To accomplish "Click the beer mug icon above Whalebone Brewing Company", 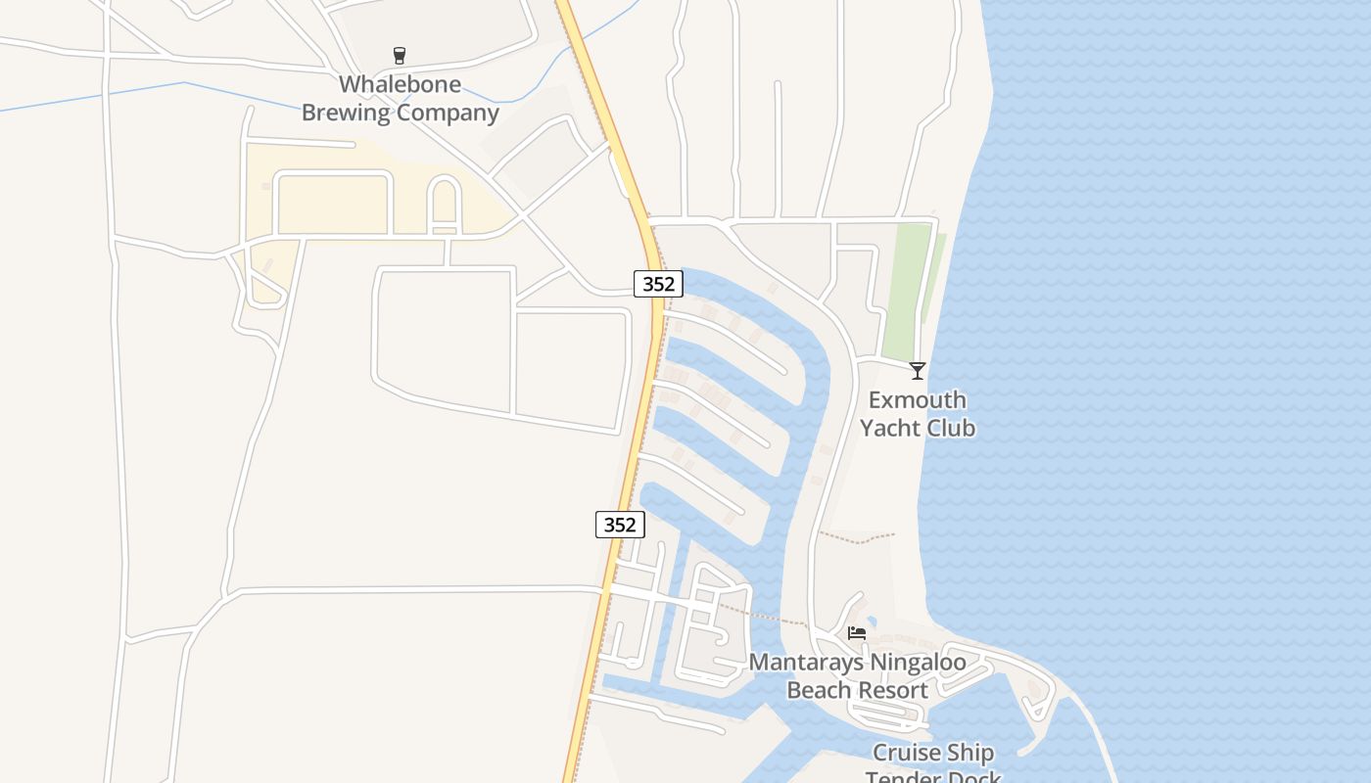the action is [x=399, y=55].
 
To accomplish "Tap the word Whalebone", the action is [x=400, y=84].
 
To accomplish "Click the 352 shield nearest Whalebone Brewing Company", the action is [x=658, y=284].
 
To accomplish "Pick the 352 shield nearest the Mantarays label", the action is [x=620, y=525].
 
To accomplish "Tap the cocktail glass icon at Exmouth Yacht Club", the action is [x=917, y=370].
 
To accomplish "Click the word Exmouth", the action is [x=917, y=400].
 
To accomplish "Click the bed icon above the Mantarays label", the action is [x=857, y=633].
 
